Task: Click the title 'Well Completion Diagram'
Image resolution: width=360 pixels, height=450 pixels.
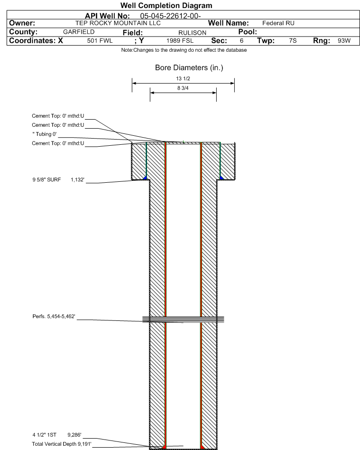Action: click(x=166, y=5)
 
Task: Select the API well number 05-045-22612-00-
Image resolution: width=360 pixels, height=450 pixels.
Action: click(x=170, y=16)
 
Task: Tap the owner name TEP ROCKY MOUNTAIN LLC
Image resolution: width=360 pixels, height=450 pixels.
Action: click(x=118, y=23)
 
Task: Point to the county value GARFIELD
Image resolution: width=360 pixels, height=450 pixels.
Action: click(x=79, y=32)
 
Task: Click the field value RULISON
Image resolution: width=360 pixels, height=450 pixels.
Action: click(x=192, y=33)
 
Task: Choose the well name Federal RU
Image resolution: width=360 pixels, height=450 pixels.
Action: click(x=278, y=23)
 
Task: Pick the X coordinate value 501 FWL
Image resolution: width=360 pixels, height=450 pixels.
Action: click(x=100, y=41)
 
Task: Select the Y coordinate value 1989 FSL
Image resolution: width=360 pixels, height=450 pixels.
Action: click(x=180, y=41)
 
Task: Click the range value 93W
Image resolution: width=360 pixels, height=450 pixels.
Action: click(x=344, y=41)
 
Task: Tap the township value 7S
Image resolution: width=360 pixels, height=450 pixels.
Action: click(x=293, y=41)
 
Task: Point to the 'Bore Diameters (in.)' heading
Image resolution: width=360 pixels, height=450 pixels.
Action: click(x=189, y=68)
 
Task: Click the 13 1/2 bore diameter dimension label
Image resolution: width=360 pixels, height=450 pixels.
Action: click(x=183, y=79)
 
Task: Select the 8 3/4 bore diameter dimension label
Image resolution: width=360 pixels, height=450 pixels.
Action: click(x=183, y=88)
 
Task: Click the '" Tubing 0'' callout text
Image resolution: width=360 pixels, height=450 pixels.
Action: click(x=45, y=134)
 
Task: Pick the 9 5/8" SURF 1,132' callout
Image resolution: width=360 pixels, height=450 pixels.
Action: click(x=58, y=179)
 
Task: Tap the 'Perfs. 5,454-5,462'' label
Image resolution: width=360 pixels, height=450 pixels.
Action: click(x=54, y=316)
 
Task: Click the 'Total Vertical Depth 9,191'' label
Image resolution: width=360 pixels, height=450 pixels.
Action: click(x=62, y=444)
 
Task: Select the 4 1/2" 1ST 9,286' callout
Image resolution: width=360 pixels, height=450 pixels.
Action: click(x=57, y=435)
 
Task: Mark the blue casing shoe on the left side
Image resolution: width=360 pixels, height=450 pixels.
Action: click(x=145, y=178)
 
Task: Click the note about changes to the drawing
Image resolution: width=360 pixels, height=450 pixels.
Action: click(x=184, y=50)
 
